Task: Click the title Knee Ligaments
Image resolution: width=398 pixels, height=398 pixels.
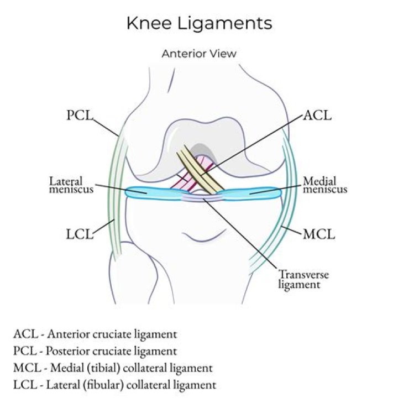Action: coord(199,23)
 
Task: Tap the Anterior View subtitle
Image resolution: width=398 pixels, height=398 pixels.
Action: coord(199,54)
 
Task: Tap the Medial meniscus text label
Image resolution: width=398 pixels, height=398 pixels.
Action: coord(325,185)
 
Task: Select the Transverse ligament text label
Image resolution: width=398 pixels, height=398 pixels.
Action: coord(299,279)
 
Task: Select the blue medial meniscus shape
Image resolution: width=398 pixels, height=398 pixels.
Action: coord(252,193)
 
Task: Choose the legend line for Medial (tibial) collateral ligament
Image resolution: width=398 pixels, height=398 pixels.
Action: coord(113,368)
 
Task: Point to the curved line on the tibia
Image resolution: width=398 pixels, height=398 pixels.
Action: coord(201,238)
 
